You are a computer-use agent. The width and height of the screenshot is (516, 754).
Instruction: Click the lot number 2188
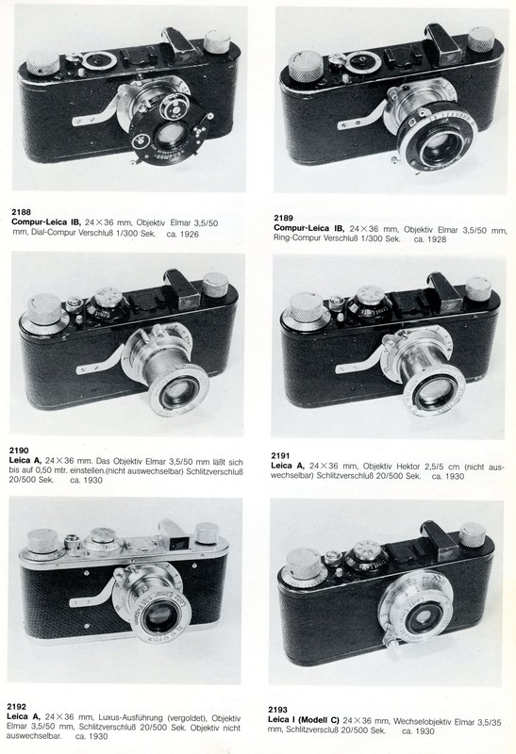[x=21, y=211]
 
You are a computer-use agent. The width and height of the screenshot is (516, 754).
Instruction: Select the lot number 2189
[x=283, y=218]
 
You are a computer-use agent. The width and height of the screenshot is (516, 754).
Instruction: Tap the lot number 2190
[x=19, y=451]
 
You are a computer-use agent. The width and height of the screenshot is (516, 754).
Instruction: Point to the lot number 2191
[x=280, y=455]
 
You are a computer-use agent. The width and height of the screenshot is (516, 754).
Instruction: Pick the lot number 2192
[x=16, y=707]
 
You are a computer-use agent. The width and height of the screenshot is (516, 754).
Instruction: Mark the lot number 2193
[x=277, y=710]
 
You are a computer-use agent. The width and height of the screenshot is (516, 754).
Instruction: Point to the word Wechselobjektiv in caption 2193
[x=420, y=721]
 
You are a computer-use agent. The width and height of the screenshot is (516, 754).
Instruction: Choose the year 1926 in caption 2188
[x=189, y=235]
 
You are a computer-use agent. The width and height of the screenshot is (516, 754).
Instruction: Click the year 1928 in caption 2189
[x=436, y=239]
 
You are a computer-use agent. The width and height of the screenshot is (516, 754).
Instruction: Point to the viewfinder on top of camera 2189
[x=441, y=42]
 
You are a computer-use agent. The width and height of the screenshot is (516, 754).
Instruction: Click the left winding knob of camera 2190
[x=44, y=310]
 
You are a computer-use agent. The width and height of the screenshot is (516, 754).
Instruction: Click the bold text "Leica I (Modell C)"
[x=304, y=720]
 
